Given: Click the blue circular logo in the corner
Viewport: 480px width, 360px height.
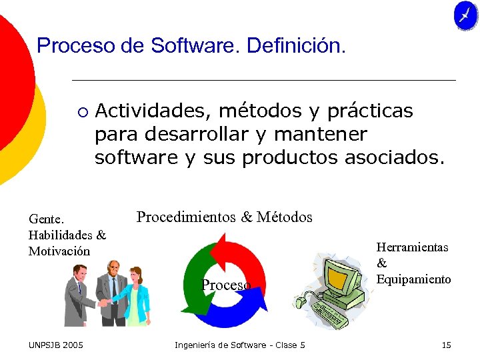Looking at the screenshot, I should (465, 15).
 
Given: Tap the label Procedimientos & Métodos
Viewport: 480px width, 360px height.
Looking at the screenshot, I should (224, 217).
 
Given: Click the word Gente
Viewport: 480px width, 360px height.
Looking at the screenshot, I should (47, 219).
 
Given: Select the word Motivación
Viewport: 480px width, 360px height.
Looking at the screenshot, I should (59, 251).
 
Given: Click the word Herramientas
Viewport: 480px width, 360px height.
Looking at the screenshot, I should (413, 247).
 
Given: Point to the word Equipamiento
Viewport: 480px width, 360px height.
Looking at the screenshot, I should (413, 279).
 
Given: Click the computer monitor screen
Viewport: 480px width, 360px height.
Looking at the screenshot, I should (340, 277).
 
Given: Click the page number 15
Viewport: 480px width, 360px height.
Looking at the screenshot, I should (446, 345).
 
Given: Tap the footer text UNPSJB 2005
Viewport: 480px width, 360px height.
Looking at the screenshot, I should (56, 345).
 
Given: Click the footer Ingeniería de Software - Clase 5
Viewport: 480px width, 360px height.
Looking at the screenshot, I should (240, 345).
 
